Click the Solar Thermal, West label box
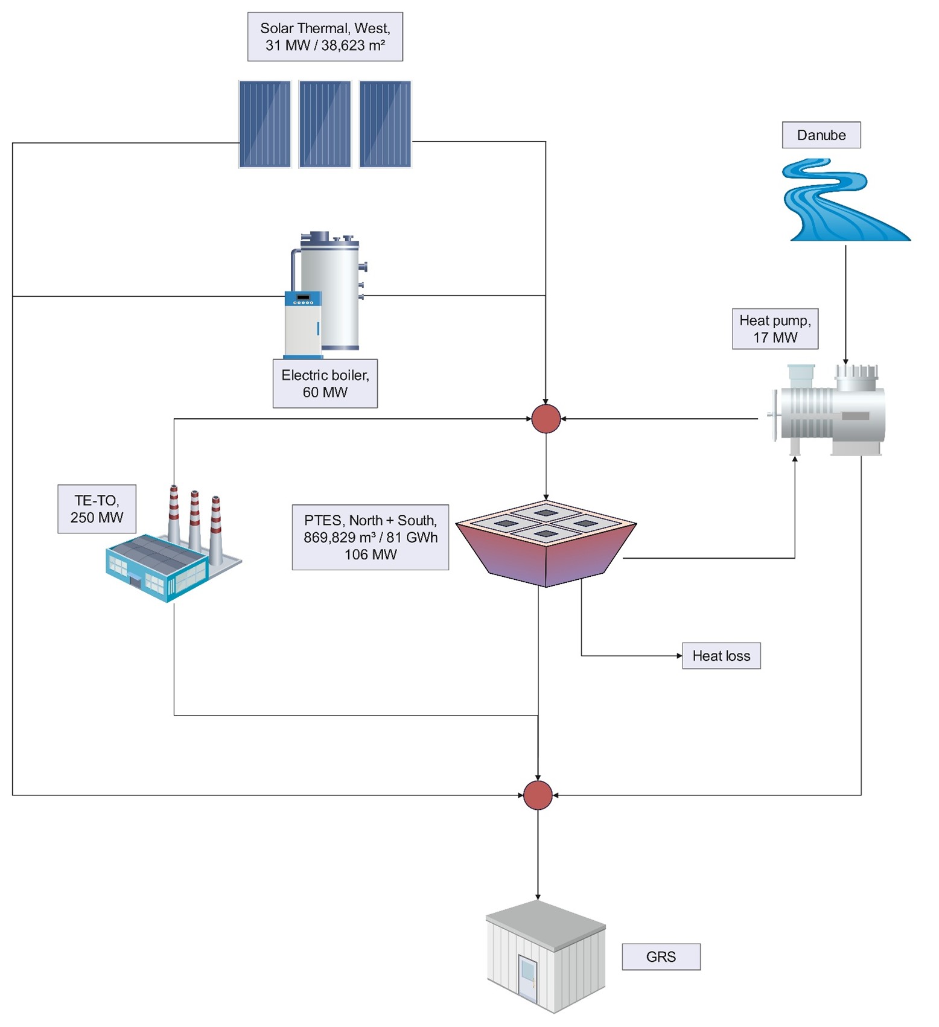coord(325,37)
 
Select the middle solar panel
coord(325,124)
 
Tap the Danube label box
coord(821,135)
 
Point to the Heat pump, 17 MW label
coord(775,329)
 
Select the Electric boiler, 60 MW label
coord(325,384)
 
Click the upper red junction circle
coord(546,419)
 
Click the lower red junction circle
coord(537,795)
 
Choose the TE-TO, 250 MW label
coord(97,509)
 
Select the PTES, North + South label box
coord(370,537)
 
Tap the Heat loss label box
coord(721,656)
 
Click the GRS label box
coord(661,957)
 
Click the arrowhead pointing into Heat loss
coord(679,656)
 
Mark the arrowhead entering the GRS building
coord(538,897)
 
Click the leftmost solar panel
coord(264,124)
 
